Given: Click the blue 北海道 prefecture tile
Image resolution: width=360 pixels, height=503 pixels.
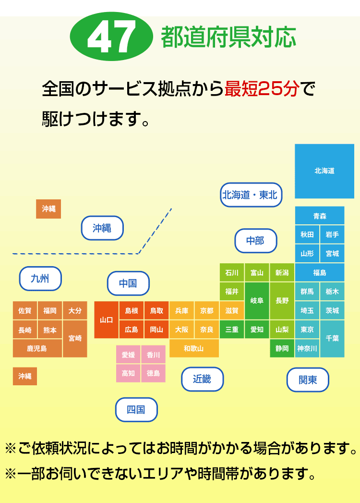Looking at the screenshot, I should [x=324, y=171].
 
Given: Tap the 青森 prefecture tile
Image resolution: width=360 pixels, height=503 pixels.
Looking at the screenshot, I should [x=320, y=216].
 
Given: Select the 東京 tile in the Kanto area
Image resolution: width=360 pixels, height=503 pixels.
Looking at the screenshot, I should [x=307, y=330].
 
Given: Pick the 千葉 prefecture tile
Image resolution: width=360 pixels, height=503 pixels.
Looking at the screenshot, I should [x=332, y=339].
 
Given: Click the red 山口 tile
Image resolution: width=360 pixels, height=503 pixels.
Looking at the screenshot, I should [x=106, y=320].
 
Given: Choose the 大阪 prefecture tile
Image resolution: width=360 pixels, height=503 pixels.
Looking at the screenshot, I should [x=181, y=330].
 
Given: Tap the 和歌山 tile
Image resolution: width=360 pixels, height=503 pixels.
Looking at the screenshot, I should [x=194, y=348].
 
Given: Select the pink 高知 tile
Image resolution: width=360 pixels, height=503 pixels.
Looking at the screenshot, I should [x=128, y=373].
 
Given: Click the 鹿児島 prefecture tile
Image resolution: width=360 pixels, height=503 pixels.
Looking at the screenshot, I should [x=37, y=348].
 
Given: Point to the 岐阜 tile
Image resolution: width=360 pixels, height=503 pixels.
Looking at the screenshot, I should [x=257, y=301].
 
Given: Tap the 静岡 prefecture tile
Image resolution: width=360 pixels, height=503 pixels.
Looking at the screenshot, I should [x=282, y=348].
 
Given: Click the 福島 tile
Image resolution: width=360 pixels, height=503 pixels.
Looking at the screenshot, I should [x=320, y=272].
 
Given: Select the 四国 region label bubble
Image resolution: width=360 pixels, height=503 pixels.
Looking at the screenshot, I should [x=136, y=410].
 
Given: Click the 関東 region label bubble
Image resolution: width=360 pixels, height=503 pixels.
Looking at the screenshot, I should [x=308, y=380].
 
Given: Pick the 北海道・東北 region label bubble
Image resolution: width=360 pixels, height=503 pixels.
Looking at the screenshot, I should [x=251, y=195].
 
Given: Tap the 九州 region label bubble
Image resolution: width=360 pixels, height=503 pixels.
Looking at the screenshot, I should [x=40, y=279].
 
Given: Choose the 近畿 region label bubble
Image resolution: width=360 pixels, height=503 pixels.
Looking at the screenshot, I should [x=202, y=379].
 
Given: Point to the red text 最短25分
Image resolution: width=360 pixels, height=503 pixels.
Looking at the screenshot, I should [x=262, y=89].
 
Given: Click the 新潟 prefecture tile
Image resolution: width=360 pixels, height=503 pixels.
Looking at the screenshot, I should [x=282, y=273].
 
